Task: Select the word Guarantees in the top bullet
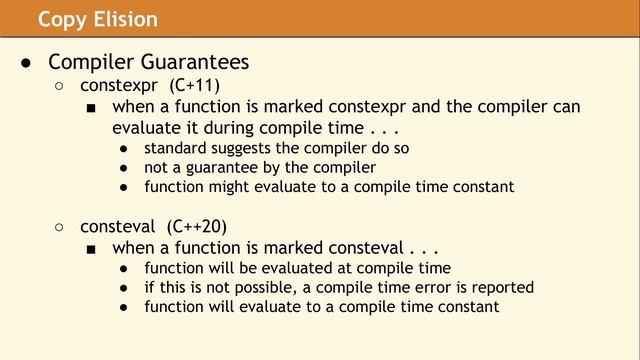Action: point(192,62)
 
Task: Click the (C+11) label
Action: point(194,86)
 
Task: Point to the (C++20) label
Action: point(197,226)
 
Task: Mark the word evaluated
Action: point(301,267)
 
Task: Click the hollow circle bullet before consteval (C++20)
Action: point(59,227)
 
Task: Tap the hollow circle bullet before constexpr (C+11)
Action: point(59,87)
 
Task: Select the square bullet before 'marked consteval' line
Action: point(91,247)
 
